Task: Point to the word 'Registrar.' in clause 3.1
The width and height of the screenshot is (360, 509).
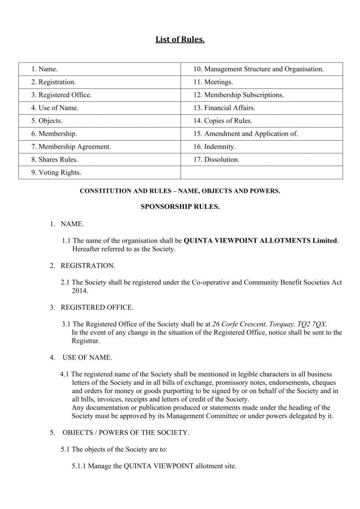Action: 86,341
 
